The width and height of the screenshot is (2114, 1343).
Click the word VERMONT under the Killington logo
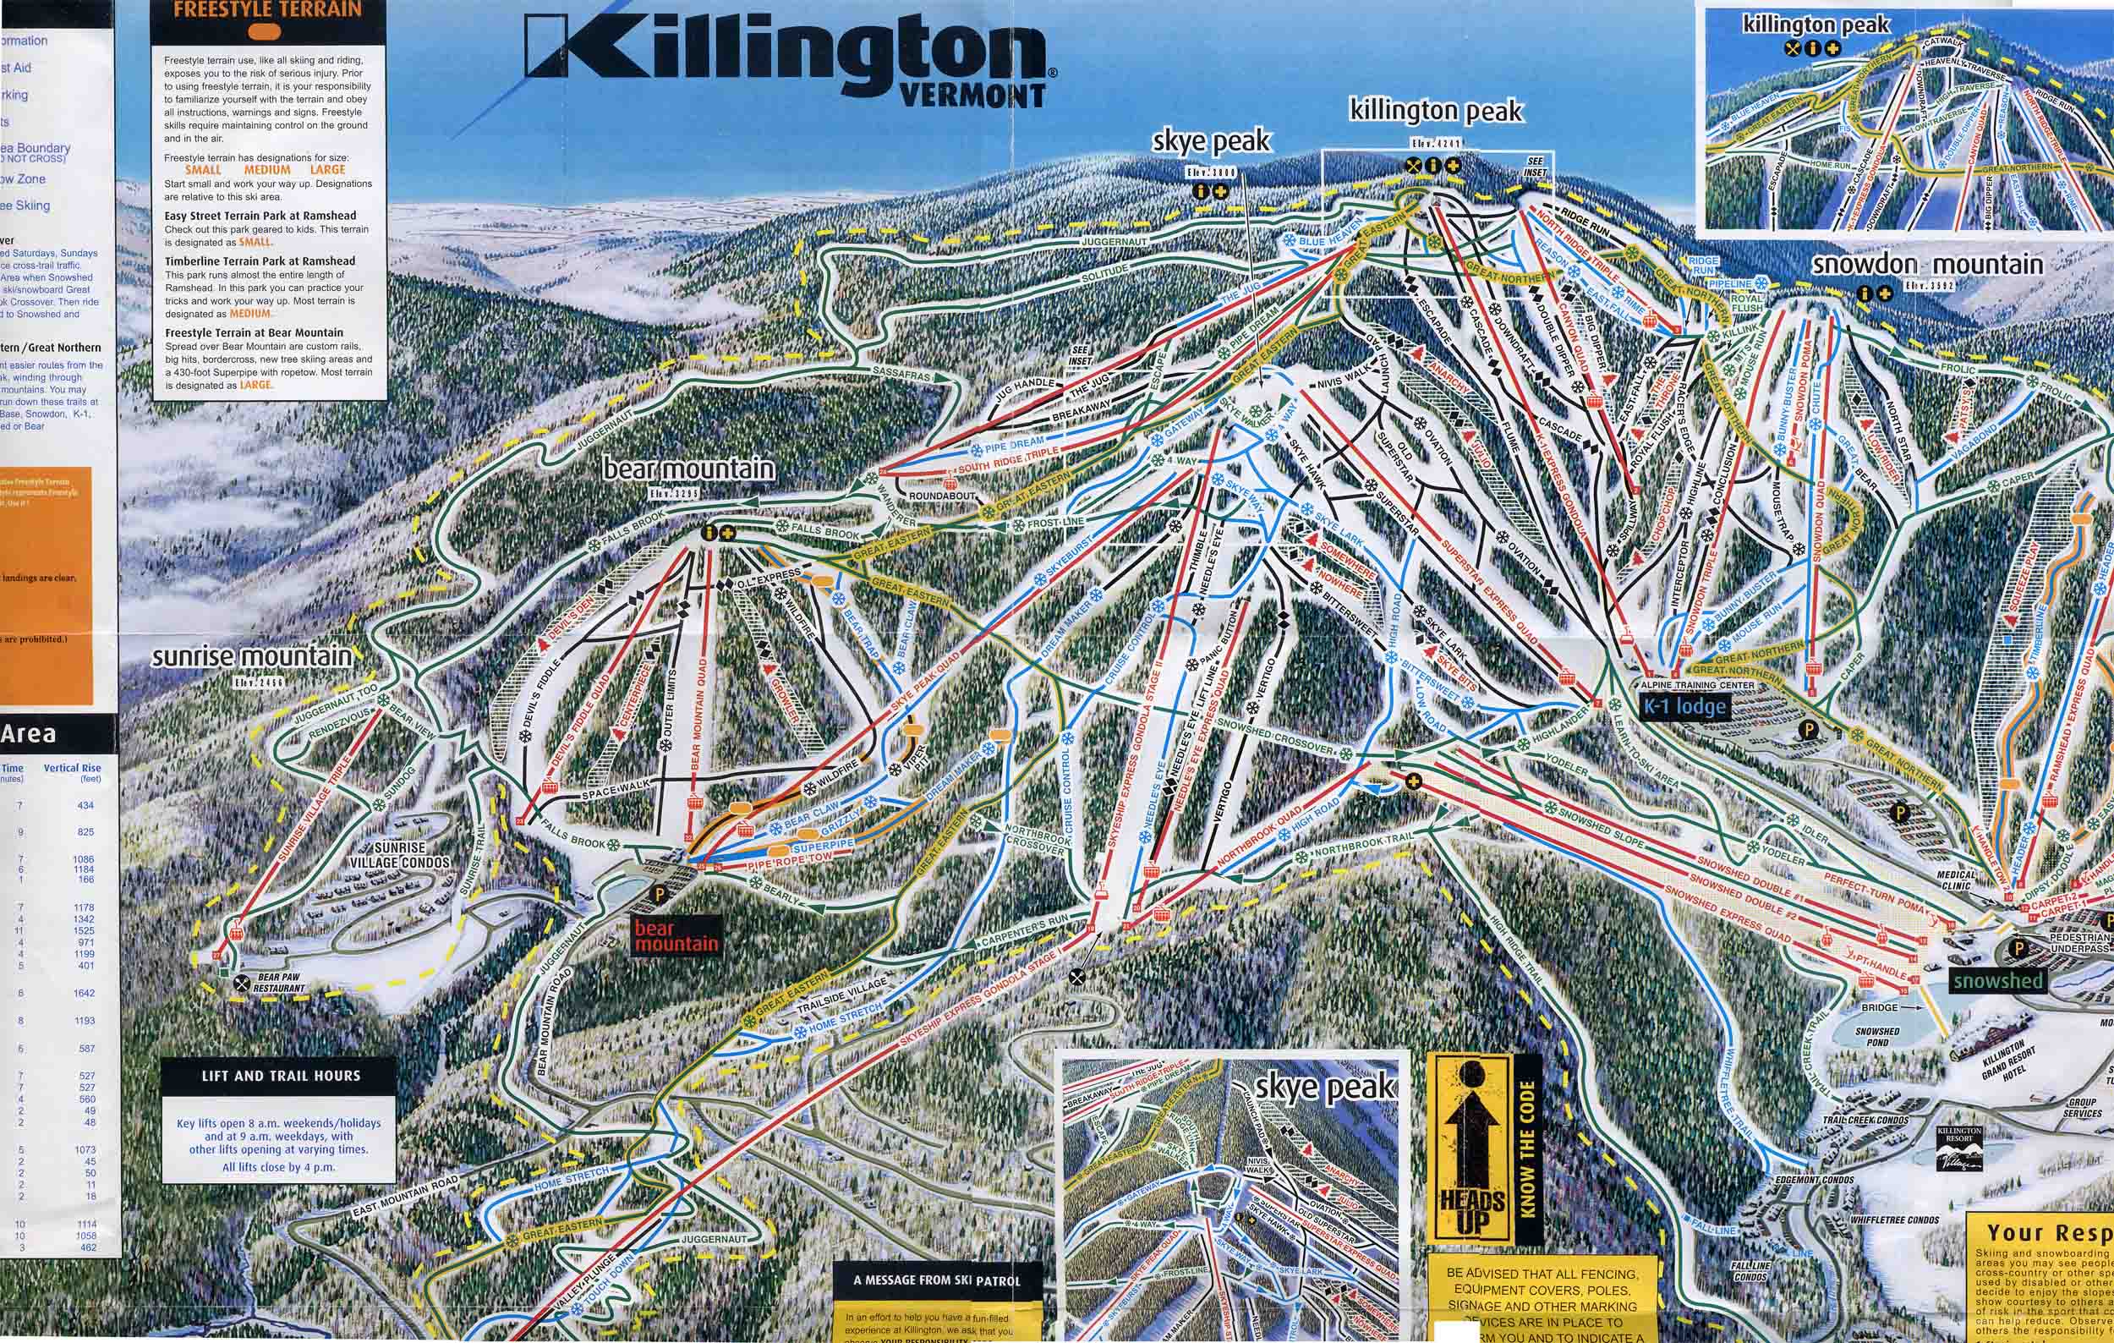972,95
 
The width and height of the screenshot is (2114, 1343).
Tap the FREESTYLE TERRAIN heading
268,9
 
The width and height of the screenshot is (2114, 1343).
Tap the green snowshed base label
1998,980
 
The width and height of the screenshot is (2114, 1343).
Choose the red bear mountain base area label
676,935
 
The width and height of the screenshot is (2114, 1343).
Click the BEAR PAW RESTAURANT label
279,982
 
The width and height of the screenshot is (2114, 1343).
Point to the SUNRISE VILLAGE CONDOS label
399,855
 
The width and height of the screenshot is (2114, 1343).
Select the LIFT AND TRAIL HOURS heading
281,1075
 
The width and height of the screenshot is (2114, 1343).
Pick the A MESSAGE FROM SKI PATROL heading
937,1280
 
